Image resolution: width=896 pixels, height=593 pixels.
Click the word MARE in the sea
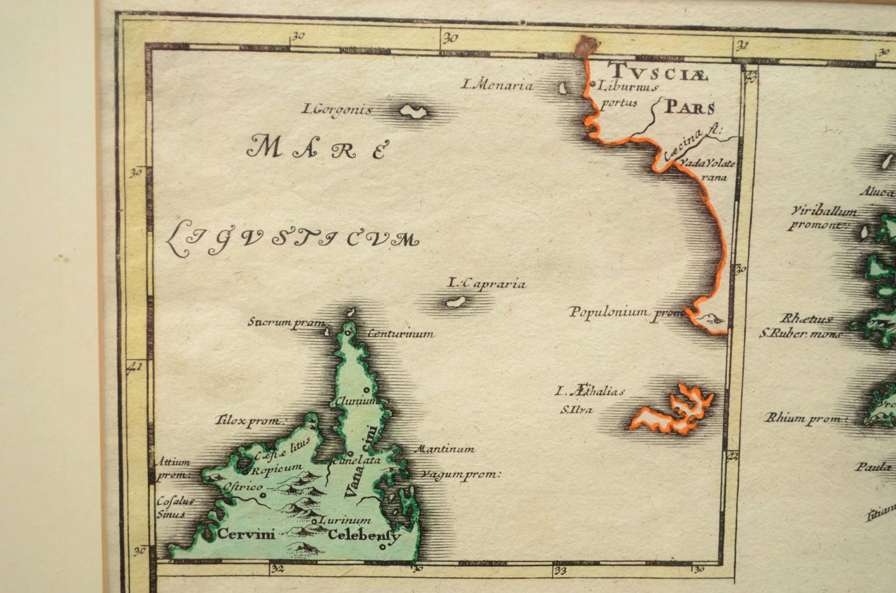tap(317, 148)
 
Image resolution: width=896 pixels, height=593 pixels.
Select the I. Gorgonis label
tap(337, 109)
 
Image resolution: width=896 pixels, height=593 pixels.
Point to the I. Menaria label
tap(497, 85)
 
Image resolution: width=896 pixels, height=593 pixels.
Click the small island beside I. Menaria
tap(563, 89)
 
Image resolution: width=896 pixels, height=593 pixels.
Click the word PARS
tap(690, 107)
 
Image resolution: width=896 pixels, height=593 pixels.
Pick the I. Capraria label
tap(487, 284)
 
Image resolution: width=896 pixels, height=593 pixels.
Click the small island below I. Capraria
tap(452, 303)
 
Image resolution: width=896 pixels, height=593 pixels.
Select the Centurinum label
tap(400, 334)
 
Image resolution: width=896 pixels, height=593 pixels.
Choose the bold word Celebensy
tap(365, 535)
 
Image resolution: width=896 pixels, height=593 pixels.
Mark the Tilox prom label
tap(251, 420)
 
